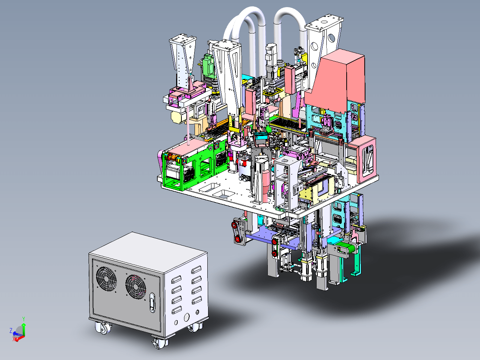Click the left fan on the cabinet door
point(107,278)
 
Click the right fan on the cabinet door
point(136,287)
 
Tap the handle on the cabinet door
point(152,303)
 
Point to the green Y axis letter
point(24,319)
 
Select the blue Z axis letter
point(11,330)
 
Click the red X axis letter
point(14,339)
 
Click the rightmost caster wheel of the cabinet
point(195,326)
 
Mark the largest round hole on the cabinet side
point(187,317)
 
